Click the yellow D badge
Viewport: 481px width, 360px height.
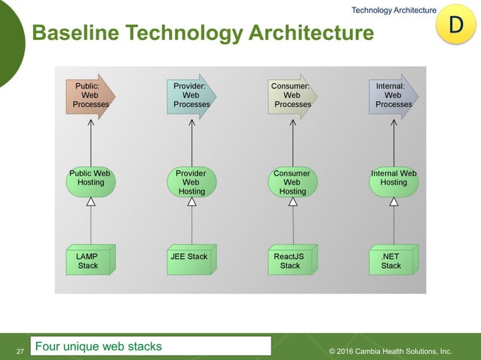pos(455,24)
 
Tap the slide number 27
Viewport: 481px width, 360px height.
pos(20,351)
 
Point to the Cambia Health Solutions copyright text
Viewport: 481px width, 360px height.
pos(391,351)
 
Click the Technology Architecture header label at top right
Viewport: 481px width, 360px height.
pos(394,9)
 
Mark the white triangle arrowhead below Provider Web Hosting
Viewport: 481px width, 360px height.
pos(191,202)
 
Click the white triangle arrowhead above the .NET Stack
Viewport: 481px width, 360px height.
pos(394,202)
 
